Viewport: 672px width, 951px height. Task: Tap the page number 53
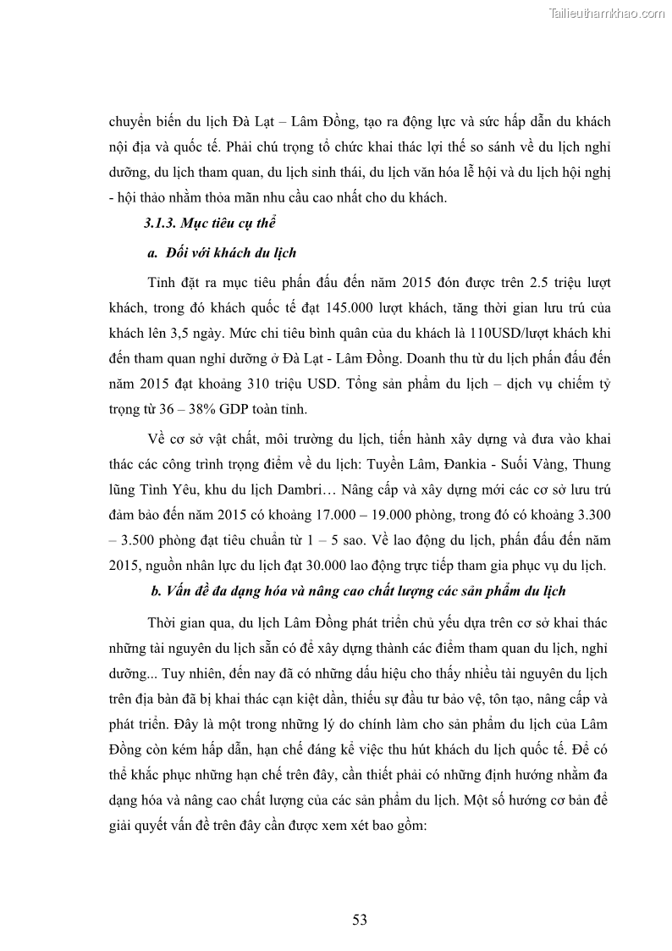pos(360,920)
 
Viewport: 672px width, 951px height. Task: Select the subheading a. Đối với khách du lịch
pos(222,252)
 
